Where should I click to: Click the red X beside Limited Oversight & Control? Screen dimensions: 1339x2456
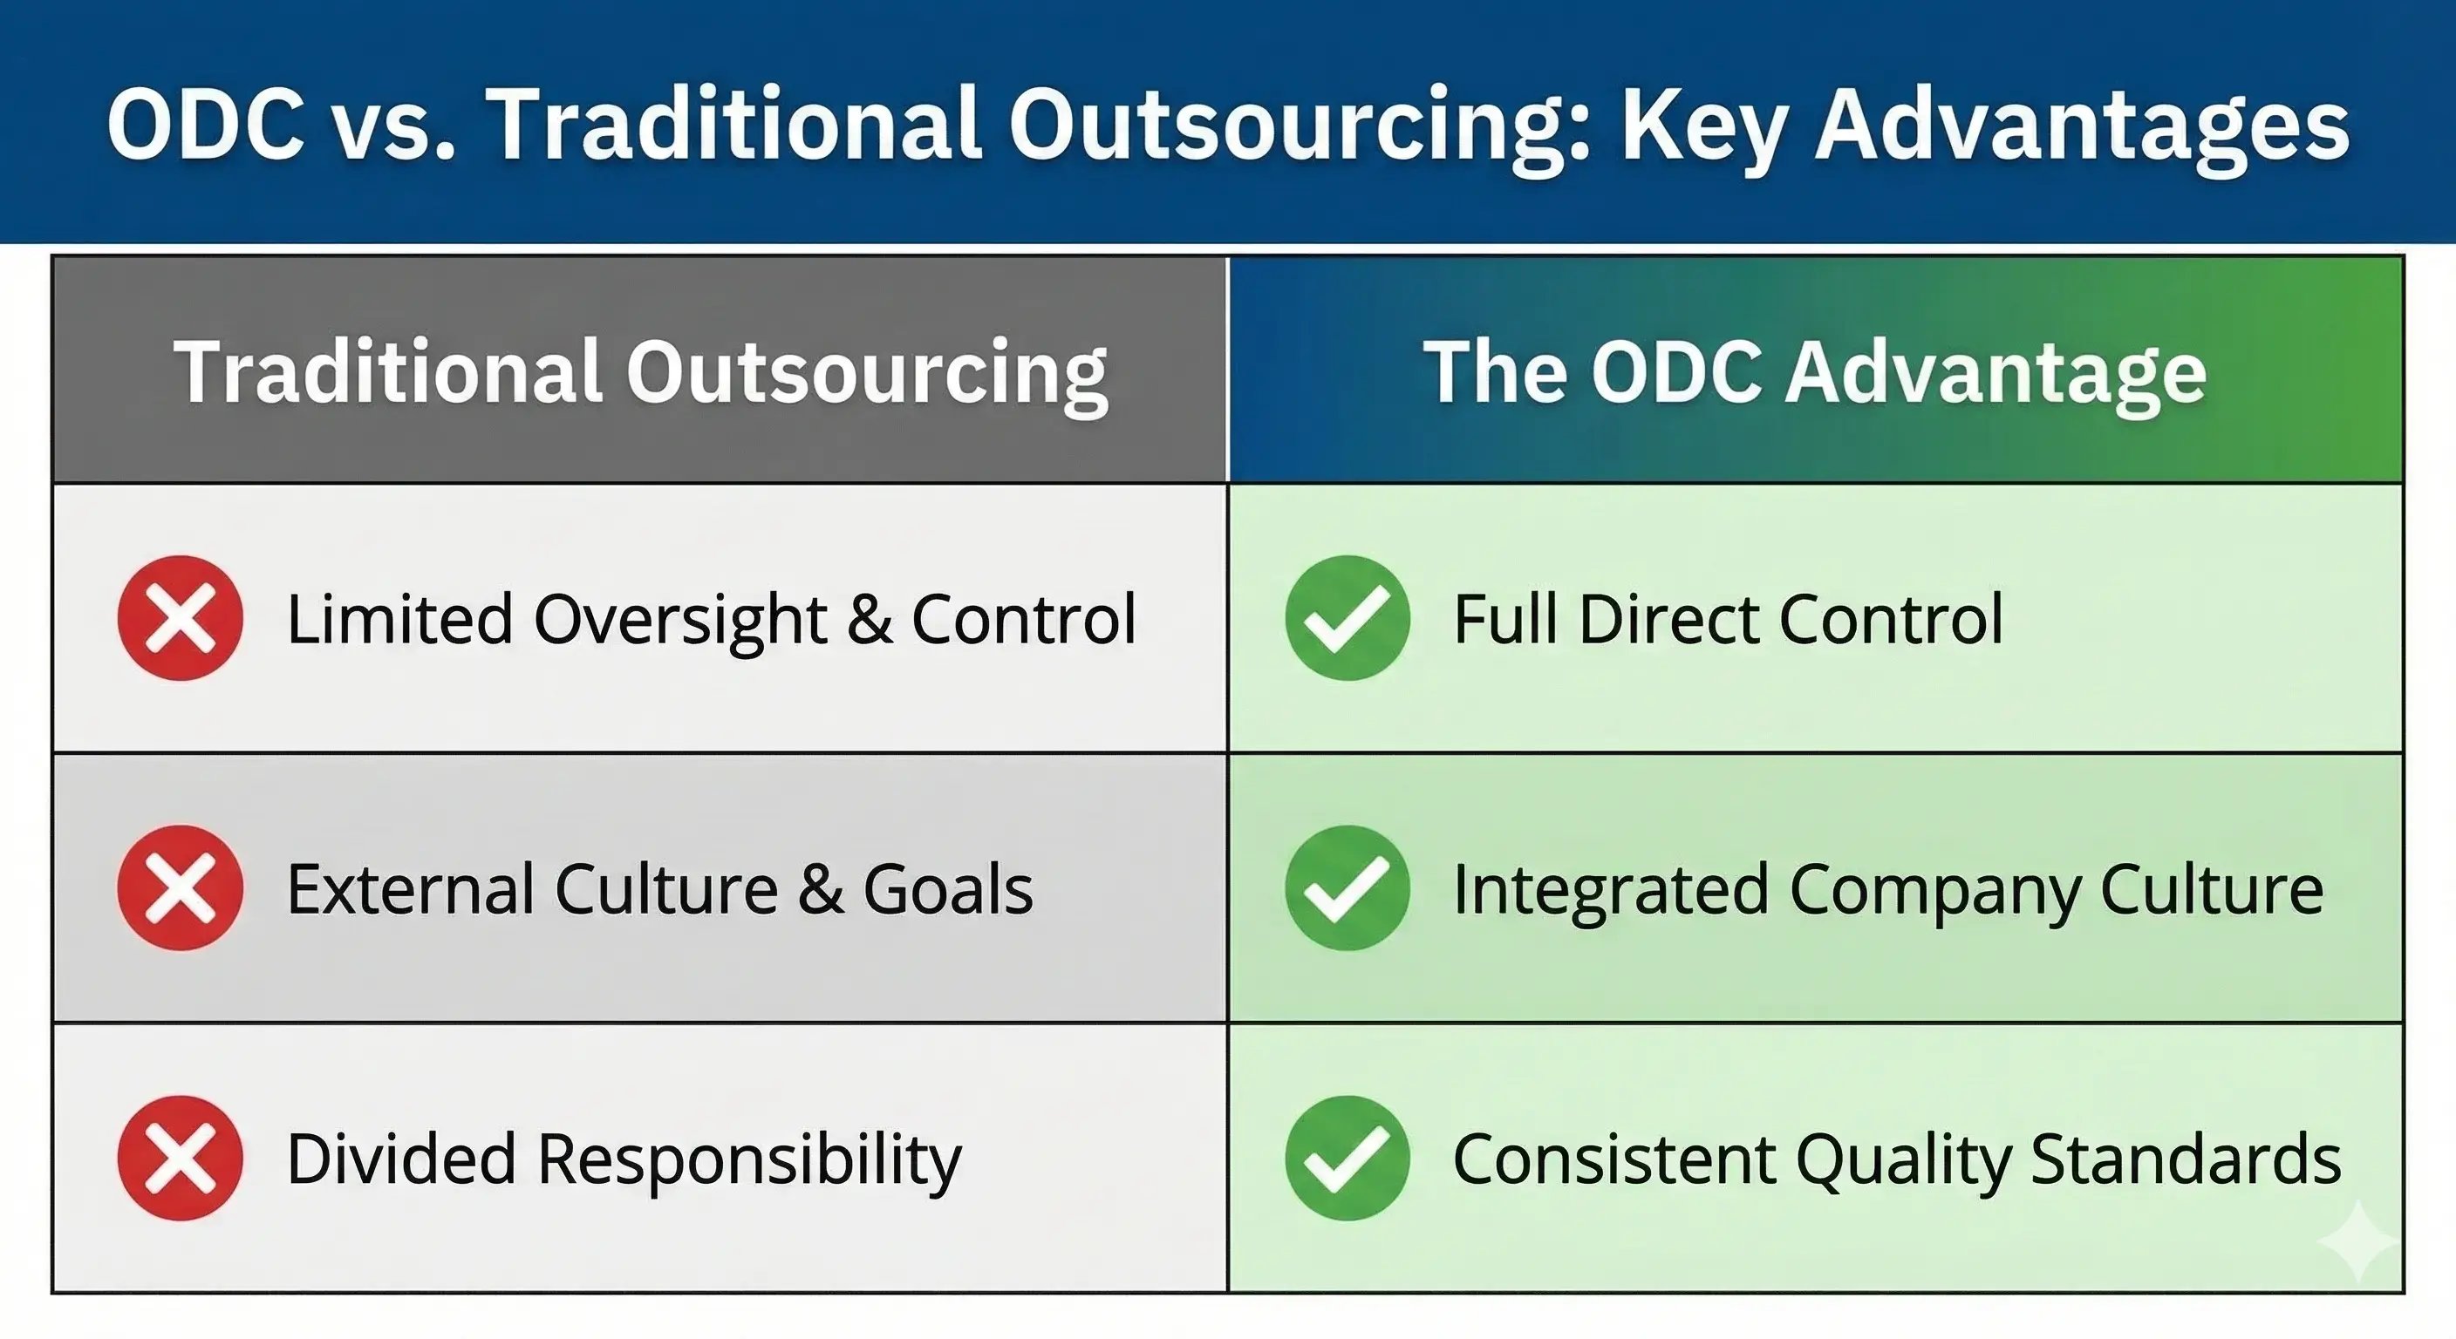coord(181,617)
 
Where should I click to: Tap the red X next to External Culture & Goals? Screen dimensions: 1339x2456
coord(181,887)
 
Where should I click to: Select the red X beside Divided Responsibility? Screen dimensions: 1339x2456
coord(181,1158)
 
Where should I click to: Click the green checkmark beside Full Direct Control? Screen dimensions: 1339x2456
coord(1347,617)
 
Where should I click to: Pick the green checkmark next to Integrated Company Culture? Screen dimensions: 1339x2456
coord(1347,887)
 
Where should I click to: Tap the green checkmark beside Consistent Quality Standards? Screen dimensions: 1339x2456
coord(1347,1158)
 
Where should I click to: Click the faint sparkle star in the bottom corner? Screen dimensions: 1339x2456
coord(2357,1240)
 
